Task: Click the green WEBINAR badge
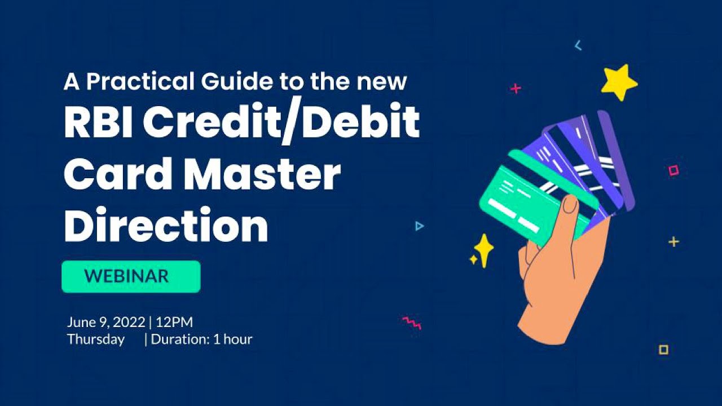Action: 131,276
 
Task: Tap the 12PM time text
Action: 174,323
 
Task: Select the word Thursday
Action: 96,339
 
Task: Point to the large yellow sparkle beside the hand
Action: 483,248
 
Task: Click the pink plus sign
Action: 516,89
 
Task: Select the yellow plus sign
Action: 673,242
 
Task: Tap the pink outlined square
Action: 673,170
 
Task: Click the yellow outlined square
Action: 663,350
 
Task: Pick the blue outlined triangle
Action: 419,226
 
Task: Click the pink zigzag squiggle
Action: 412,323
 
